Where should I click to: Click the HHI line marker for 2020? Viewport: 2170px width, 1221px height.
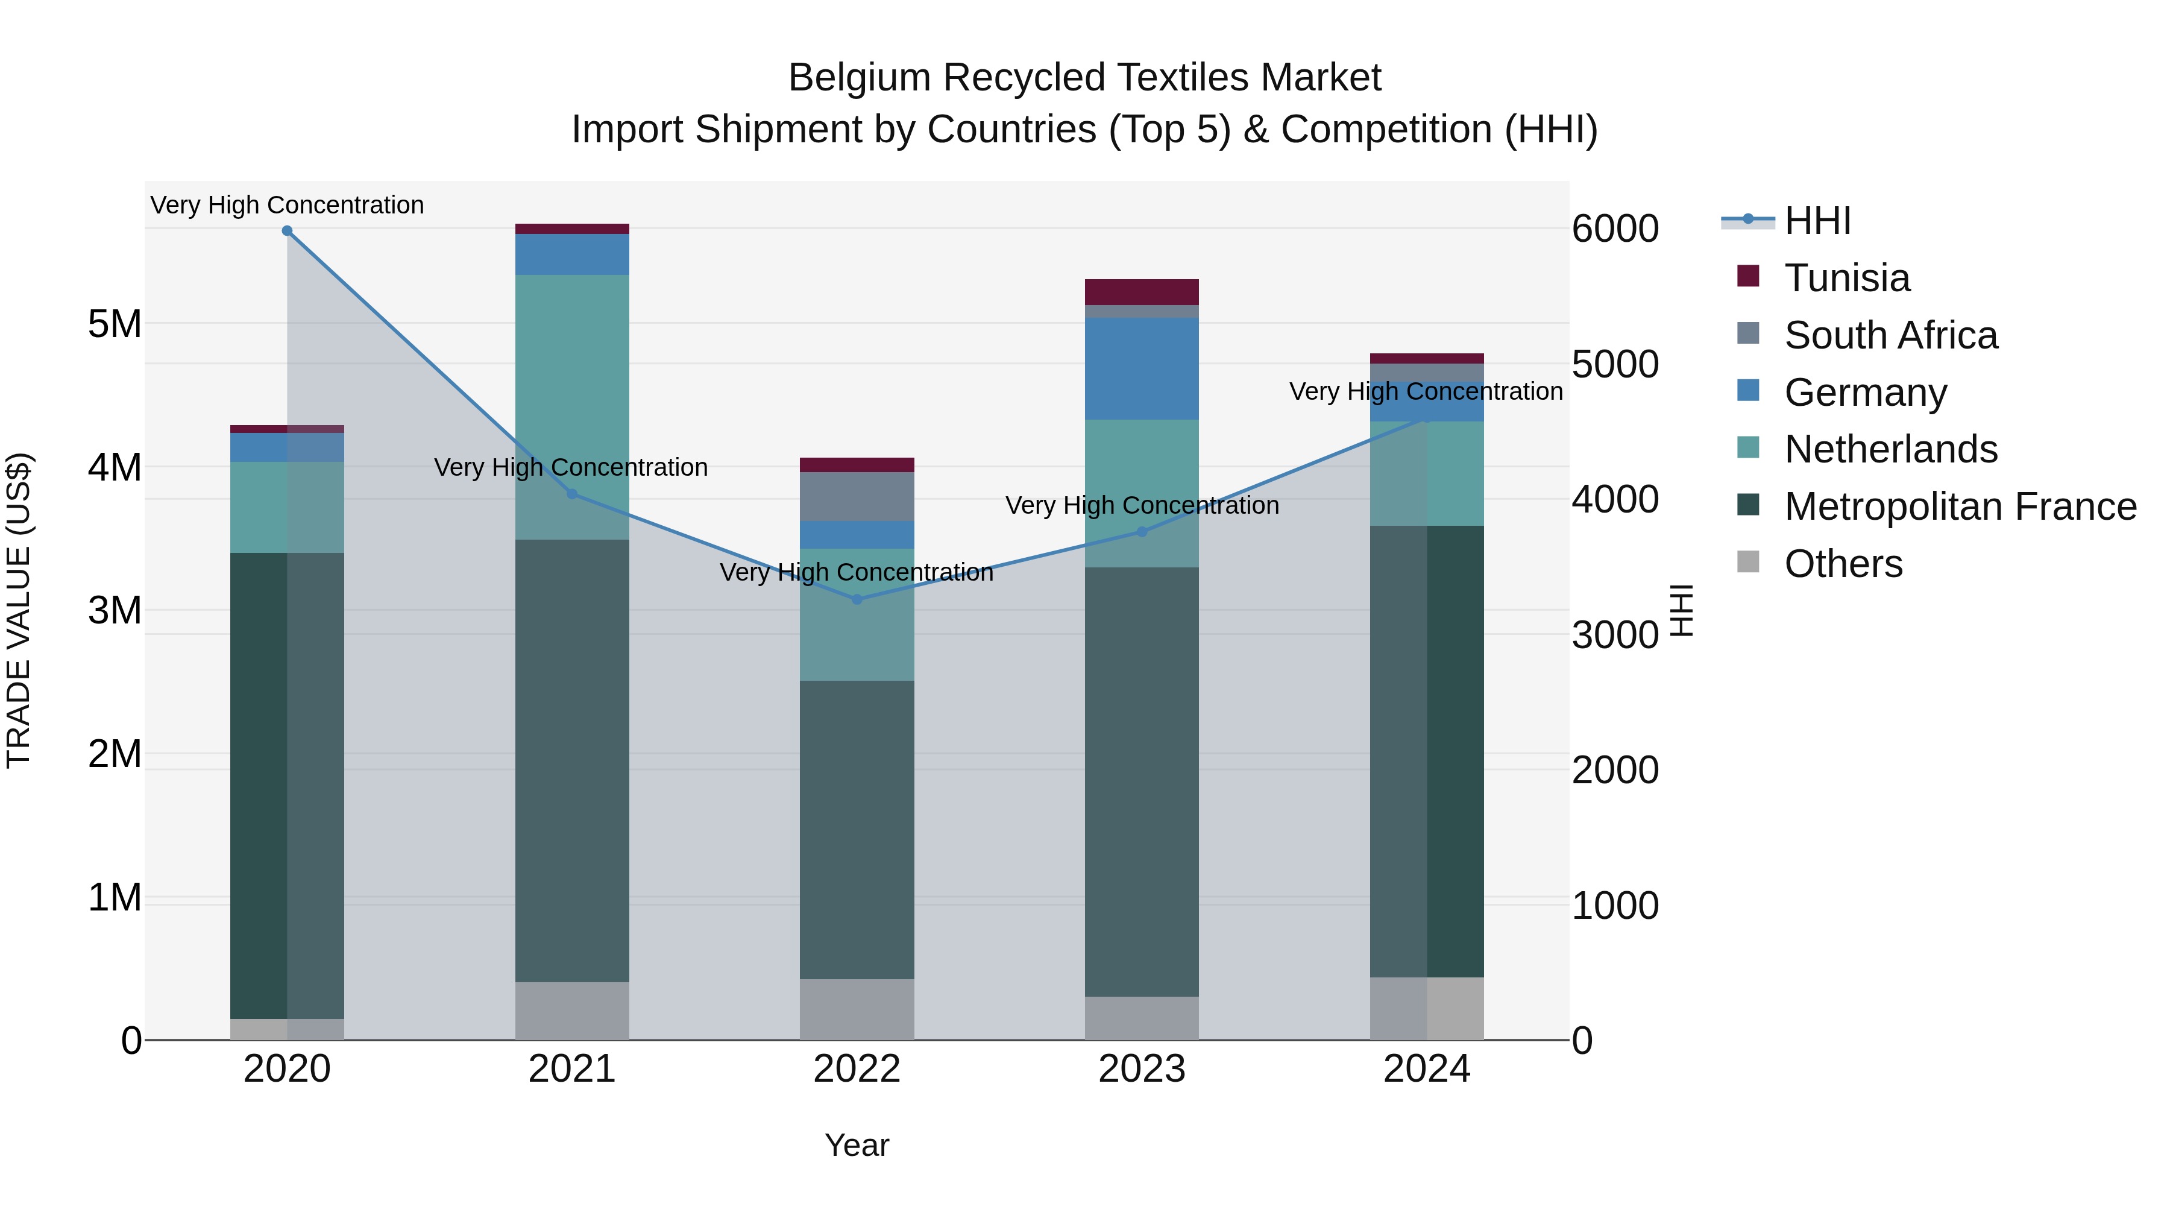click(x=288, y=231)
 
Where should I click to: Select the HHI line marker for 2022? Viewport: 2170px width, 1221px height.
click(x=857, y=600)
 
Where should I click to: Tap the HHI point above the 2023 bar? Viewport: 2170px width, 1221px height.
click(x=1142, y=532)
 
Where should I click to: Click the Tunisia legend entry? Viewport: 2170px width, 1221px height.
click(x=1846, y=278)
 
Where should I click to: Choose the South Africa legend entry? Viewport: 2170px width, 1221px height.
click(x=1890, y=335)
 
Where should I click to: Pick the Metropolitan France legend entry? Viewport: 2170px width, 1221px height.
click(x=1960, y=506)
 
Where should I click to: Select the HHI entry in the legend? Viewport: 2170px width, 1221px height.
click(x=1817, y=221)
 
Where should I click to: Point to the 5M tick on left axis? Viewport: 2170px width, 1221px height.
click(x=115, y=324)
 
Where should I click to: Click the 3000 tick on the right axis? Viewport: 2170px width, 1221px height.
click(x=1615, y=636)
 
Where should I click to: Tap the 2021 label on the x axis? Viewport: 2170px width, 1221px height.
click(x=572, y=1069)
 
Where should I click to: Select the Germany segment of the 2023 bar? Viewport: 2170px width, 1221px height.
click(x=1142, y=368)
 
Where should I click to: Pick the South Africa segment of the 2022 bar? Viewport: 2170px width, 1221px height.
click(x=857, y=496)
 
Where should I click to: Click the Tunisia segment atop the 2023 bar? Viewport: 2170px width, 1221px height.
click(x=1142, y=292)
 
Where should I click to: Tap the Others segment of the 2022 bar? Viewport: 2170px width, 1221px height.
click(x=857, y=1009)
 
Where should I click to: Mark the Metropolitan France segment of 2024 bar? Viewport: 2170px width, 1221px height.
click(x=1426, y=751)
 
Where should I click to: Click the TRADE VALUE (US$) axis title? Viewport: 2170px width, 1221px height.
click(x=19, y=610)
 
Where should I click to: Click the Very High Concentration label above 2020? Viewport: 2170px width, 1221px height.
click(x=288, y=206)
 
